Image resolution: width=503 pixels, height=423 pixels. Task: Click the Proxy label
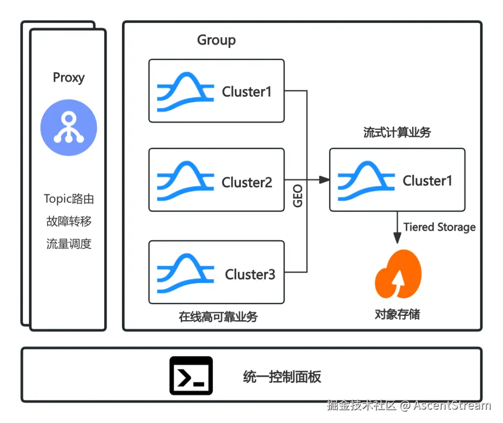coord(68,77)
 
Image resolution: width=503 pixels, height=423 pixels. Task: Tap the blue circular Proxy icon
coord(68,128)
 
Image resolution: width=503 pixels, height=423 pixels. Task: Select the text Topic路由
coord(69,199)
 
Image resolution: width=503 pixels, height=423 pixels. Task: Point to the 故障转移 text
coord(69,221)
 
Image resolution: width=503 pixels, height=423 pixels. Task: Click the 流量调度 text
coord(69,243)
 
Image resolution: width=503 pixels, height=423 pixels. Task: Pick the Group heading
coord(216,40)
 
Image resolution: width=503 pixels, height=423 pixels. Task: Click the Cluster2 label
coord(247,182)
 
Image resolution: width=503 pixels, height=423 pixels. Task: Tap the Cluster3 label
coord(250,275)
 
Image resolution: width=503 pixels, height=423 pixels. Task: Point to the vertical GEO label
coord(298,196)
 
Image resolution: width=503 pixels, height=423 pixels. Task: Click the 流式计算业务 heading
coord(397,133)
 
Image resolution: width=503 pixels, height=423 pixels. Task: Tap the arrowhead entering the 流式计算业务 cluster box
coord(325,180)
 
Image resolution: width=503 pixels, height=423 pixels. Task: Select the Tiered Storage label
coord(439,227)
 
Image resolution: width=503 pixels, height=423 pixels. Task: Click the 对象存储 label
coord(397,315)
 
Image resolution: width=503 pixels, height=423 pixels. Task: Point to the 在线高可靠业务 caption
coord(218,317)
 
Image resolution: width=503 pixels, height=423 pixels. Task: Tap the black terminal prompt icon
coord(191,376)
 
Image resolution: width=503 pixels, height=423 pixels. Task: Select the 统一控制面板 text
coord(282,376)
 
